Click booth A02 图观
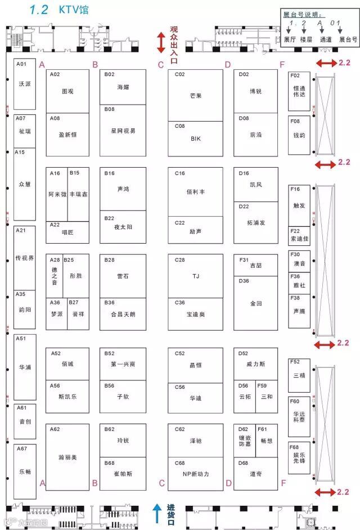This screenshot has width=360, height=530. (67, 91)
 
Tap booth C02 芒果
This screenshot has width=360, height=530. (195, 95)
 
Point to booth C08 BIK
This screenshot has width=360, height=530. (195, 137)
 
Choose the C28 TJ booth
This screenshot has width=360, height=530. (195, 276)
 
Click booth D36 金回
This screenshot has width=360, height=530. (256, 303)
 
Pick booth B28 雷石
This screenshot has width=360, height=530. (123, 276)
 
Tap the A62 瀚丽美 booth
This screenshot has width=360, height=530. (67, 457)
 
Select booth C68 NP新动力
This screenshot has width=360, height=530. (195, 474)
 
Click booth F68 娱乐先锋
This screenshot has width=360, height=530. (299, 457)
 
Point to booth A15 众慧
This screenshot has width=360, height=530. (25, 184)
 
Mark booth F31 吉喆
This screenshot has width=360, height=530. (256, 264)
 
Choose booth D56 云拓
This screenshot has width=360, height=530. (245, 396)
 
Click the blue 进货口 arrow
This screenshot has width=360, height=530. (158, 513)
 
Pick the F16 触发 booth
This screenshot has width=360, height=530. (299, 205)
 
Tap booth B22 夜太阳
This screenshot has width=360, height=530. (123, 227)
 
